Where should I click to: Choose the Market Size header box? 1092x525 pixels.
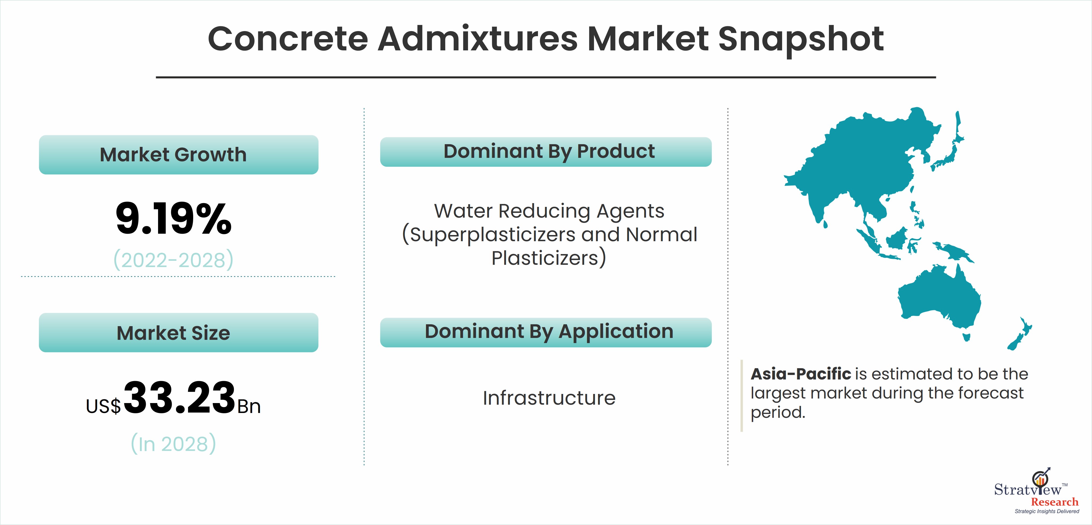pyautogui.click(x=178, y=333)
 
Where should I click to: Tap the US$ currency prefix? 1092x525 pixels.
pyautogui.click(x=103, y=406)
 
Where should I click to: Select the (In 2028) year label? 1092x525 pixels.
pyautogui.click(x=173, y=444)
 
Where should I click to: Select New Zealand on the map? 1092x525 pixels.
pyautogui.click(x=1019, y=334)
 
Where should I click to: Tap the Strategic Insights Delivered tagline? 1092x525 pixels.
pyautogui.click(x=1047, y=511)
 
